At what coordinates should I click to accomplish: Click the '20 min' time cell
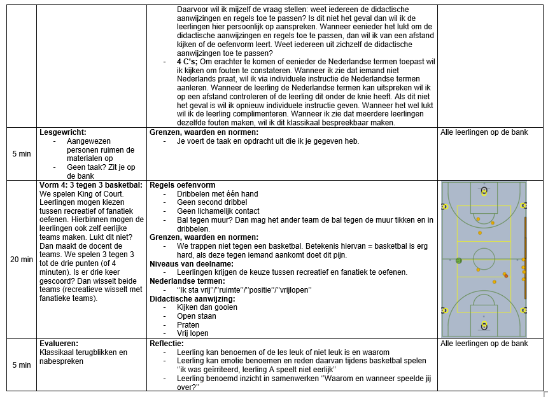point(22,260)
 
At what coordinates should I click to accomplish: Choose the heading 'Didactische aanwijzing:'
point(192,298)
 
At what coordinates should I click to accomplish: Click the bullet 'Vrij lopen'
point(192,333)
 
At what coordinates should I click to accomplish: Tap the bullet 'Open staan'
point(195,316)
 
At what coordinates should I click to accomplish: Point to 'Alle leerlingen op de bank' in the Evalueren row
point(484,344)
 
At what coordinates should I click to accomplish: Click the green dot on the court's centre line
point(458,260)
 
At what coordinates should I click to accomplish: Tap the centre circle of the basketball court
point(484,260)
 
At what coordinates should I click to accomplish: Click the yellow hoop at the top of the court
point(484,190)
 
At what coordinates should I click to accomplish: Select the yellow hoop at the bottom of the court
point(484,325)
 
